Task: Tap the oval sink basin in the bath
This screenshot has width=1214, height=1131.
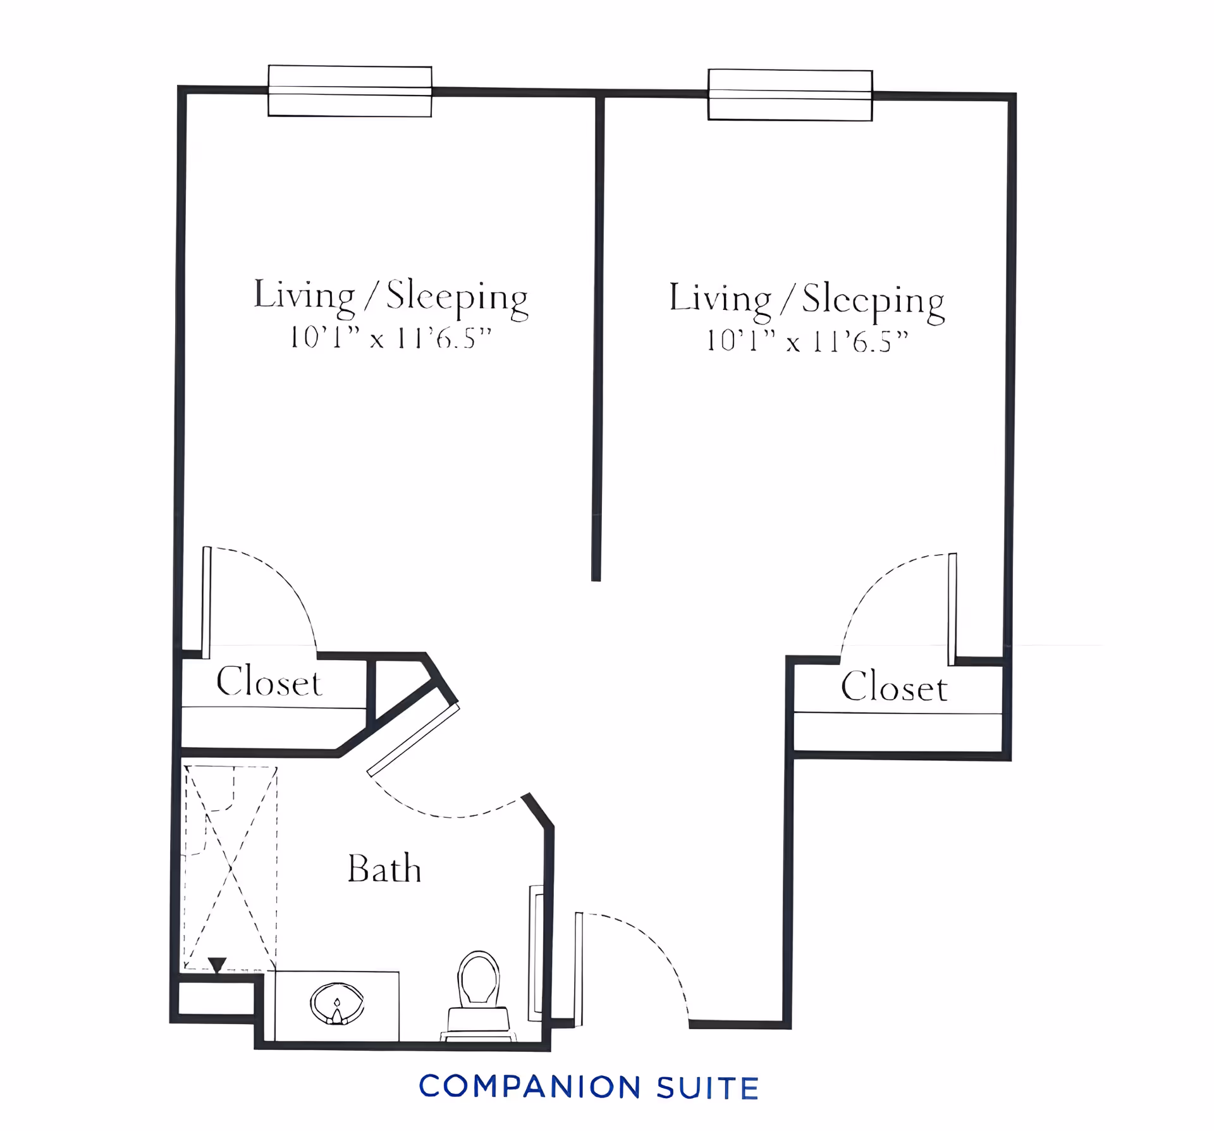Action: point(337,1003)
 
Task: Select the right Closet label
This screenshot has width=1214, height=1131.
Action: point(894,686)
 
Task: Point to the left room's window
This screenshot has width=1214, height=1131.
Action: point(350,91)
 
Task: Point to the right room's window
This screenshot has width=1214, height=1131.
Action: point(790,95)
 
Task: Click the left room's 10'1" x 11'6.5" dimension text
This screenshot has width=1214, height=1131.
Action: point(390,338)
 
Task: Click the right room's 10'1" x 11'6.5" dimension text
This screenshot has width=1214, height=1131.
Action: point(807,342)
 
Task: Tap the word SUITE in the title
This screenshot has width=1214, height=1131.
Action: point(708,1088)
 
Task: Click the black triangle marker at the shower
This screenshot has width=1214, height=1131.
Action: point(217,965)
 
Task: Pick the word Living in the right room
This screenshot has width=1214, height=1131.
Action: point(720,299)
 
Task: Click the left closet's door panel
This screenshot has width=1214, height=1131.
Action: point(206,602)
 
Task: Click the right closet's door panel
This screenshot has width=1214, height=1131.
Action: point(952,609)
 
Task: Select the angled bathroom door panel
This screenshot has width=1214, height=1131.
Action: point(414,740)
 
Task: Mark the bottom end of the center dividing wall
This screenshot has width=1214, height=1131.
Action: point(596,580)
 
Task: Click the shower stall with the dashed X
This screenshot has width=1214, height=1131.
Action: point(231,868)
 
